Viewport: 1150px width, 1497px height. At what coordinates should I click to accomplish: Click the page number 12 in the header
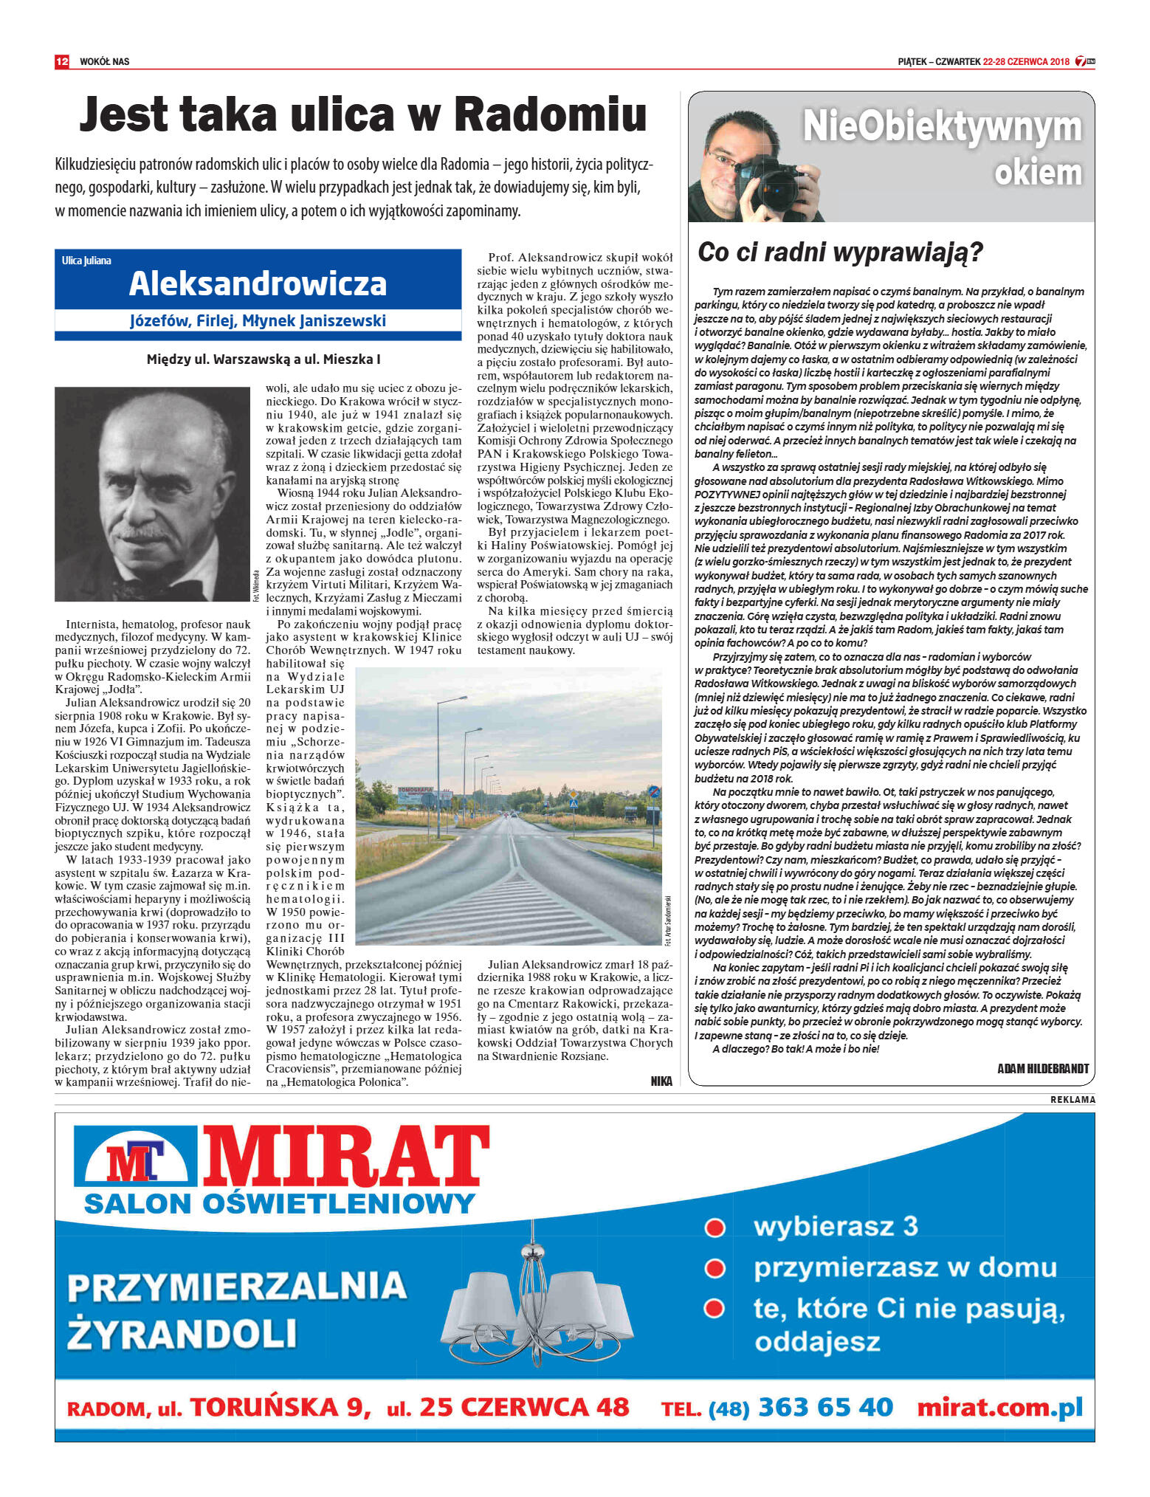pos(61,61)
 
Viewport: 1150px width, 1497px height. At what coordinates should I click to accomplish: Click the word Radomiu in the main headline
pos(550,115)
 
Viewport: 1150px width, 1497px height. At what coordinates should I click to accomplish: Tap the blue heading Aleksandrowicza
pos(258,284)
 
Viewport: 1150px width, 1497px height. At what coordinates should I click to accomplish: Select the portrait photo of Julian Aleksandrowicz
pos(152,494)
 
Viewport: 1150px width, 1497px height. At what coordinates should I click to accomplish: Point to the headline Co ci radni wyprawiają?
pos(840,252)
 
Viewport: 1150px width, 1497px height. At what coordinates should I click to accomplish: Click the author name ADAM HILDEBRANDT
pos(1042,1068)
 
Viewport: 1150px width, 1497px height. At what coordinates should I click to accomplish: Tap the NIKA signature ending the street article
pos(661,1081)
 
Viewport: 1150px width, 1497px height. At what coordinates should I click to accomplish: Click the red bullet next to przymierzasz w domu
pos(714,1268)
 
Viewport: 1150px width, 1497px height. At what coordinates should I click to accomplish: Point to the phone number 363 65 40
pos(825,1407)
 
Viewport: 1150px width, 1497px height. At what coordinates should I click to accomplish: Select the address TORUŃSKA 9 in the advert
pos(280,1408)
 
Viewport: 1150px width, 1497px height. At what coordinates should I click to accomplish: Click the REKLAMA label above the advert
pos(1072,1100)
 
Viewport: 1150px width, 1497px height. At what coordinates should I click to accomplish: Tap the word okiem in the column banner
pos(1037,172)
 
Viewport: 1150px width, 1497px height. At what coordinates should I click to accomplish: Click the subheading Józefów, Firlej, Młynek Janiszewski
pos(258,321)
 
